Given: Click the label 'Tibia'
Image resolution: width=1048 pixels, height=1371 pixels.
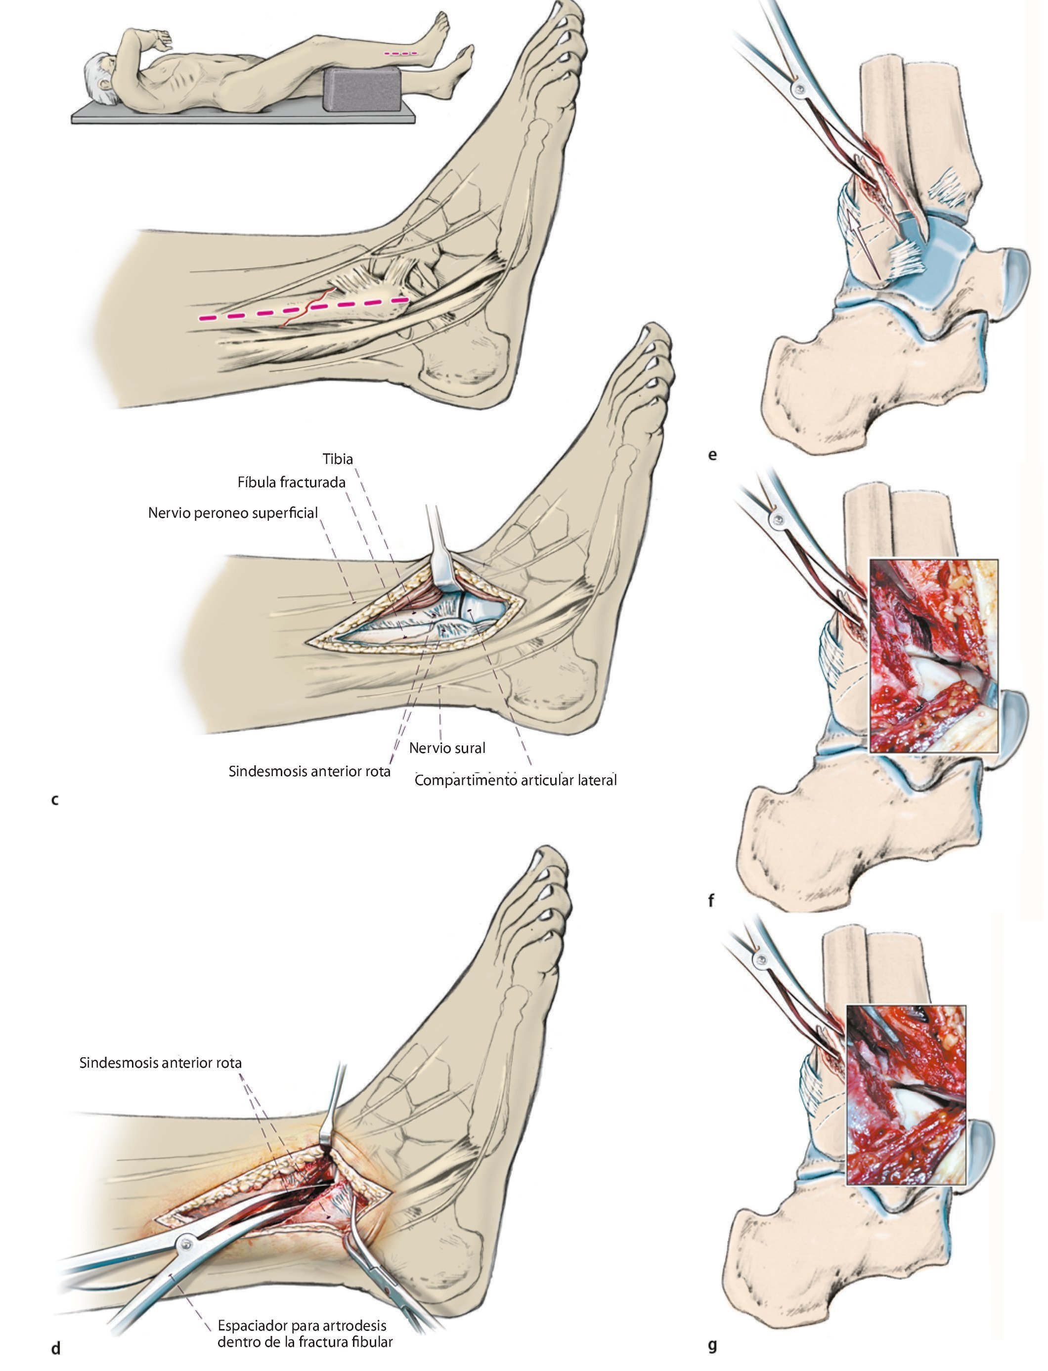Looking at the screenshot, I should pyautogui.click(x=338, y=459).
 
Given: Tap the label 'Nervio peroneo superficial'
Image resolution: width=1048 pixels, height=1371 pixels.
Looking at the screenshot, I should pyautogui.click(x=233, y=513).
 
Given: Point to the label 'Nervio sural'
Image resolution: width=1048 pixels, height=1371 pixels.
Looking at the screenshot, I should pyautogui.click(x=447, y=748).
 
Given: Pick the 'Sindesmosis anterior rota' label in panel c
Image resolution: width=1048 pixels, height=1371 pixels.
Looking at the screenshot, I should pyautogui.click(x=309, y=772).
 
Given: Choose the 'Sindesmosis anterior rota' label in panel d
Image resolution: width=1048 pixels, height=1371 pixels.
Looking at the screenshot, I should pyautogui.click(x=160, y=1063).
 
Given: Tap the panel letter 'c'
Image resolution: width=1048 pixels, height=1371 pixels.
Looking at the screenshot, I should pyautogui.click(x=55, y=800).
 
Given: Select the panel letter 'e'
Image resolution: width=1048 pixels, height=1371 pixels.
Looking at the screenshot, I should pyautogui.click(x=712, y=455).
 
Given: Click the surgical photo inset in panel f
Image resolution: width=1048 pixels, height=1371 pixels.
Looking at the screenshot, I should pyautogui.click(x=934, y=656).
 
